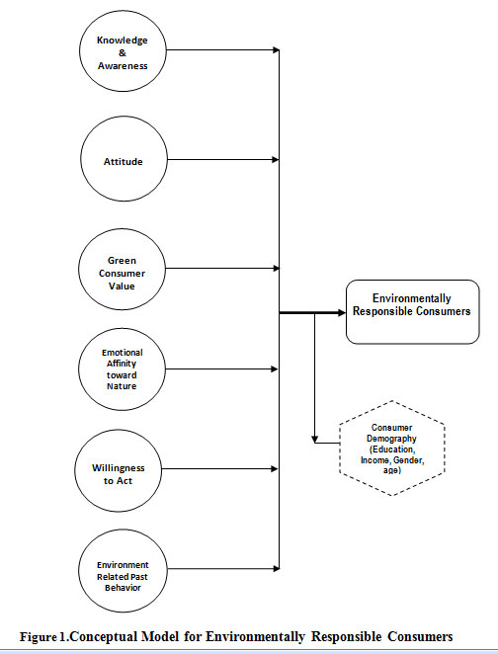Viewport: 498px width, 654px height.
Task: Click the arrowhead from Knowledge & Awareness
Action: [276, 50]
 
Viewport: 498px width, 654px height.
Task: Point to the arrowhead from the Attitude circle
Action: [276, 160]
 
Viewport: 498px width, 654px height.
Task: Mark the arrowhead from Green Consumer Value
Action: [276, 268]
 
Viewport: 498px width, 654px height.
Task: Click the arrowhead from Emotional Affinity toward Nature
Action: [275, 369]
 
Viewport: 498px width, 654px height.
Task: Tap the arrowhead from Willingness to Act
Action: [275, 469]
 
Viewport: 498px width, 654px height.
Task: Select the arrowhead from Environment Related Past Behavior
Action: [276, 568]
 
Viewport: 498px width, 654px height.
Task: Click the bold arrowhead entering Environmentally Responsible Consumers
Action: [342, 313]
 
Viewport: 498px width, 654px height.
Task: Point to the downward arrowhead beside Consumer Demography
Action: [315, 440]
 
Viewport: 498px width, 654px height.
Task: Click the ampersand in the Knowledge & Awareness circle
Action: [123, 53]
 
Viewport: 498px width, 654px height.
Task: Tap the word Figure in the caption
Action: [38, 637]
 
